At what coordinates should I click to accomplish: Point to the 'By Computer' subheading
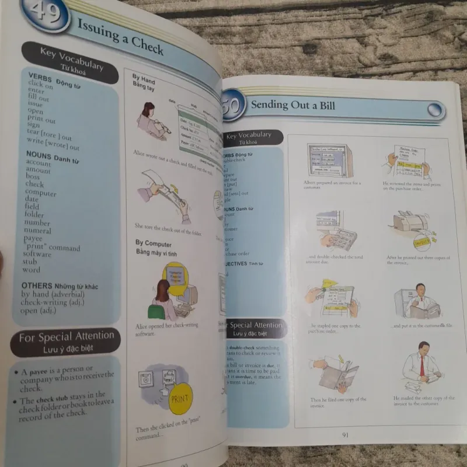pyautogui.click(x=154, y=244)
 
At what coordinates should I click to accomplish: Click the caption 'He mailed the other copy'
pyautogui.click(x=423, y=400)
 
